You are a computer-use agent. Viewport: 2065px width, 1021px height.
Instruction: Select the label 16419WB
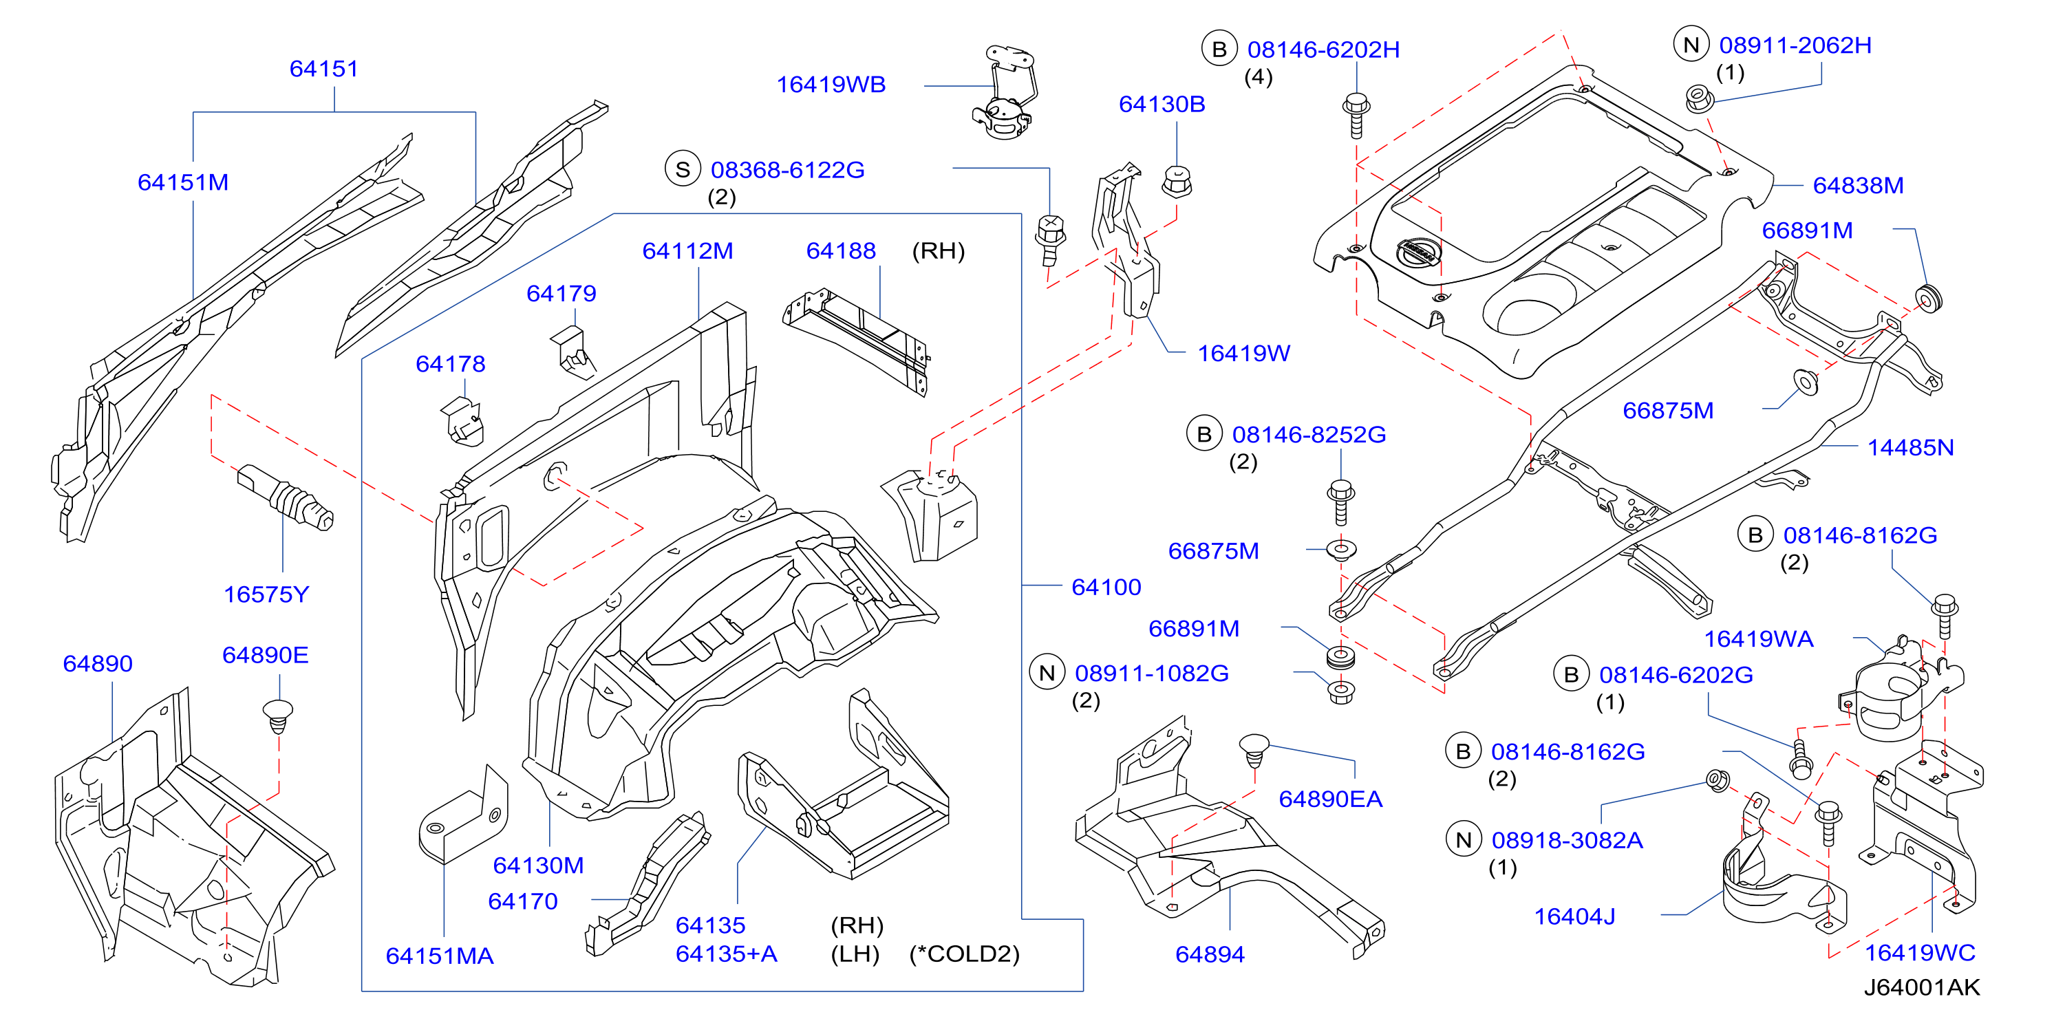[831, 85]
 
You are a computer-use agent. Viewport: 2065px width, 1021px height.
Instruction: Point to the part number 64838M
[1857, 186]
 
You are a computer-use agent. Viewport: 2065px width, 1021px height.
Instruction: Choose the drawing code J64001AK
[1920, 987]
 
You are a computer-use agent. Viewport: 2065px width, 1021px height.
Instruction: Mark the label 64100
[1106, 588]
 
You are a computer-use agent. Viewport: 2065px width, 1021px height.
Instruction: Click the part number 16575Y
[266, 594]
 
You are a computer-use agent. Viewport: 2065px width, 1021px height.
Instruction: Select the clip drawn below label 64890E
[277, 716]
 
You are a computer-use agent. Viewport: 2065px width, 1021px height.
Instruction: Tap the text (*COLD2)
[963, 954]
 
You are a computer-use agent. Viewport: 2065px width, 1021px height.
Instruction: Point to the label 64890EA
[1330, 799]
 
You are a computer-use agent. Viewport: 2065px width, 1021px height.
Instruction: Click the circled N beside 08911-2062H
[1691, 45]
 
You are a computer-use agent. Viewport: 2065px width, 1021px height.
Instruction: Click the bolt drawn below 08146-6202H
[1356, 117]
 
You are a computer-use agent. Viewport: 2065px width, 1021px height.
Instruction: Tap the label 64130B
[1162, 104]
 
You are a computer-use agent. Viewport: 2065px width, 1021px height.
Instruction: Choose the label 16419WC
[1919, 953]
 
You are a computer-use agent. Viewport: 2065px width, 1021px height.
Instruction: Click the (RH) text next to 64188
[938, 251]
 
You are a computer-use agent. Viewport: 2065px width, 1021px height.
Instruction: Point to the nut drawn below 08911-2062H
[1698, 99]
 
